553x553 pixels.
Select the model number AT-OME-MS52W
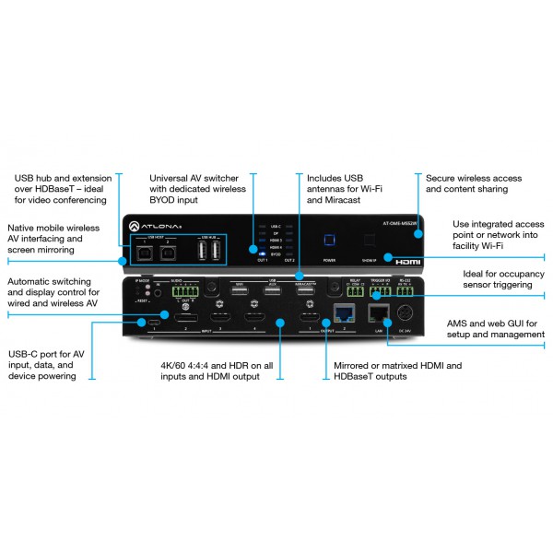point(398,221)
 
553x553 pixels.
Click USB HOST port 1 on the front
point(147,253)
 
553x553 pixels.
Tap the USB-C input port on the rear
point(149,323)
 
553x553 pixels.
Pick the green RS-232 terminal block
point(406,293)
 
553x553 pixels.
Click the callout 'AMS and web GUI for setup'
point(494,328)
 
